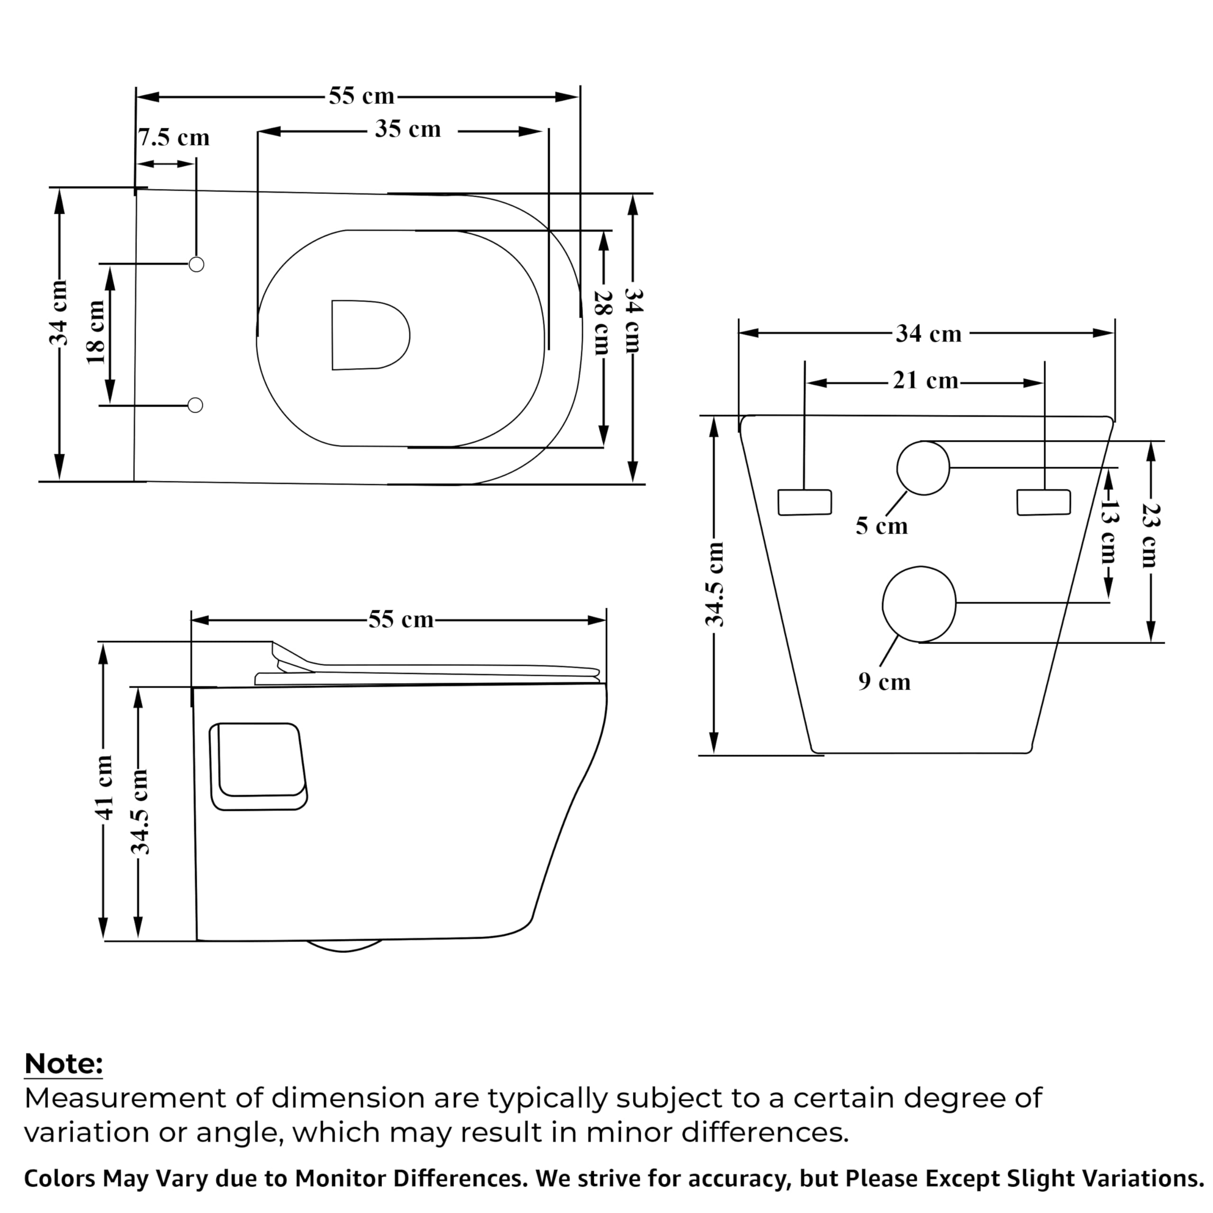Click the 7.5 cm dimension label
point(174,137)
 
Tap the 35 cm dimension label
point(408,129)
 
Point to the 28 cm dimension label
point(601,323)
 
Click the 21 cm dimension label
point(925,380)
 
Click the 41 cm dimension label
point(104,788)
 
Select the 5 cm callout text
point(881,526)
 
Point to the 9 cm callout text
point(884,682)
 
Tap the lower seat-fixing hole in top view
point(195,405)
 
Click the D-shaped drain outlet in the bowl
point(368,335)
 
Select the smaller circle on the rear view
point(923,468)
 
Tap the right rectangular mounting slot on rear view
point(1043,502)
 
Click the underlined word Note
point(63,1064)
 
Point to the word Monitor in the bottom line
point(340,1179)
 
